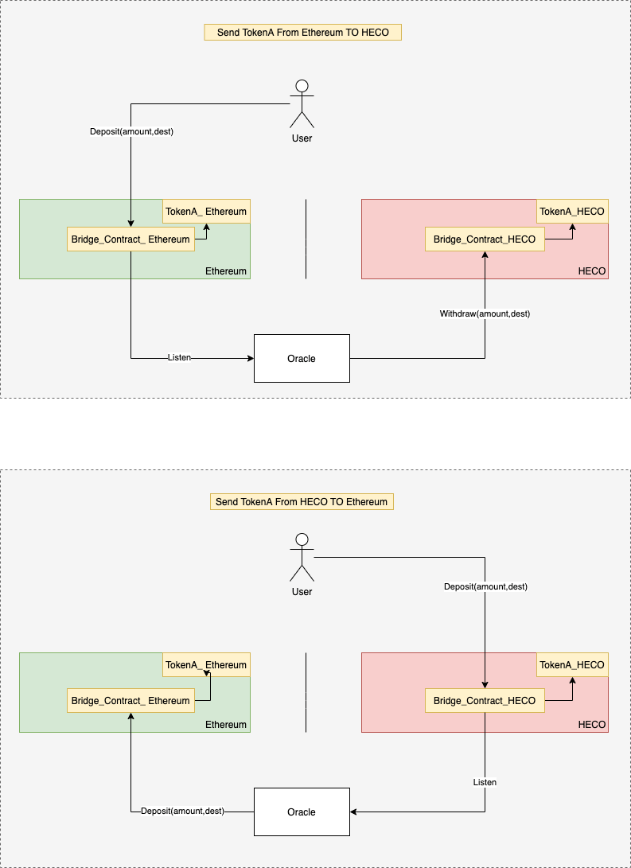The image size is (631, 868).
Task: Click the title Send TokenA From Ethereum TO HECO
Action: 303,32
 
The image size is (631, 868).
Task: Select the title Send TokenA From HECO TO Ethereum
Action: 302,501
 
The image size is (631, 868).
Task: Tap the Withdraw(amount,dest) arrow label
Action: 485,314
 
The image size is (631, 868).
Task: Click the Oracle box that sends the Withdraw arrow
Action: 302,358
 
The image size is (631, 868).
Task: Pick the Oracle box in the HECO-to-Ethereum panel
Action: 302,812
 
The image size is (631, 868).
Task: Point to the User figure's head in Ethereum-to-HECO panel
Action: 302,86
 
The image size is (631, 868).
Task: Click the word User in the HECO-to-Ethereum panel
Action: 302,592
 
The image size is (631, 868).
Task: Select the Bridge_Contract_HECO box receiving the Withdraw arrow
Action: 485,239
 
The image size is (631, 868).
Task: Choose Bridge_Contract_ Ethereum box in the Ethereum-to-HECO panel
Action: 130,239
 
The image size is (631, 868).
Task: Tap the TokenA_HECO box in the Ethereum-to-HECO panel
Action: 572,212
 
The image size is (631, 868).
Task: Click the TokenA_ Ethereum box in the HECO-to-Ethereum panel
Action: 206,664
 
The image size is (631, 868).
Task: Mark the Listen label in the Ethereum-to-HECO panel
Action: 179,357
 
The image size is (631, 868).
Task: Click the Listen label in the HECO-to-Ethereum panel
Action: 485,782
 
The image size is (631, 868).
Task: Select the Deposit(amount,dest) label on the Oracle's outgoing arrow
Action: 183,811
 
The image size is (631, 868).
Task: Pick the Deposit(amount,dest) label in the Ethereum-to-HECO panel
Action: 132,132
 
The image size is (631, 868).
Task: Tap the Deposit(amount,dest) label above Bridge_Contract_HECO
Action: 486,586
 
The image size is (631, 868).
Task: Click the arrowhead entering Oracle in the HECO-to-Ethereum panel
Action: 353,812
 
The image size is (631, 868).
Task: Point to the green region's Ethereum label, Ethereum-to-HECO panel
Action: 226,271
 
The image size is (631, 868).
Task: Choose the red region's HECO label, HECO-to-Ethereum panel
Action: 592,725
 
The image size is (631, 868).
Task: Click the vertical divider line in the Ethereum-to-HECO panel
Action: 306,239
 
